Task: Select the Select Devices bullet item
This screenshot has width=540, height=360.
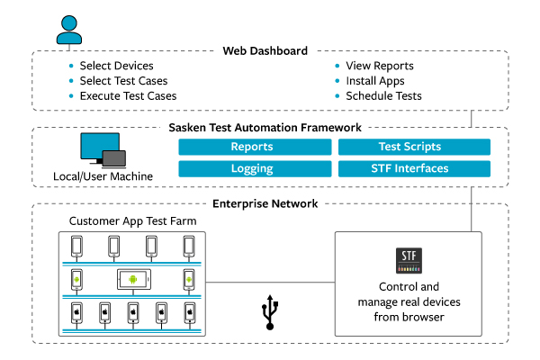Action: [116, 67]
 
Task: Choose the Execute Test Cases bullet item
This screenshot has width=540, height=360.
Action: [128, 95]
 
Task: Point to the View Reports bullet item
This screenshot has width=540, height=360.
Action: [379, 67]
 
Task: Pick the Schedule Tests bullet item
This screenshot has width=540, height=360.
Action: [383, 95]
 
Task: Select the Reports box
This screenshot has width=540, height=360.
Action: [252, 147]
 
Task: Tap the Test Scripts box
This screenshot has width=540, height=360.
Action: [413, 147]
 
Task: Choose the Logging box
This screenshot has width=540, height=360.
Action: [252, 168]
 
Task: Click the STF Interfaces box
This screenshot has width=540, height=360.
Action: [413, 168]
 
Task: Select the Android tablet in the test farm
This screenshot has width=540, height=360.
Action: [132, 280]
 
